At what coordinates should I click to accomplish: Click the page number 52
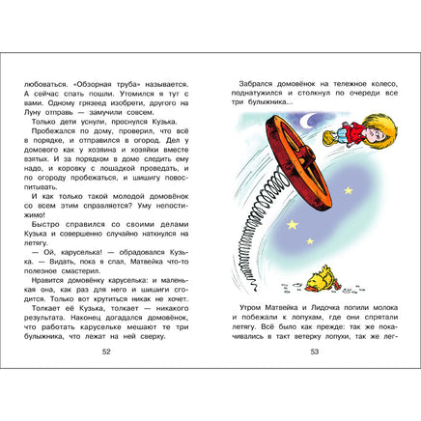[105, 351]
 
